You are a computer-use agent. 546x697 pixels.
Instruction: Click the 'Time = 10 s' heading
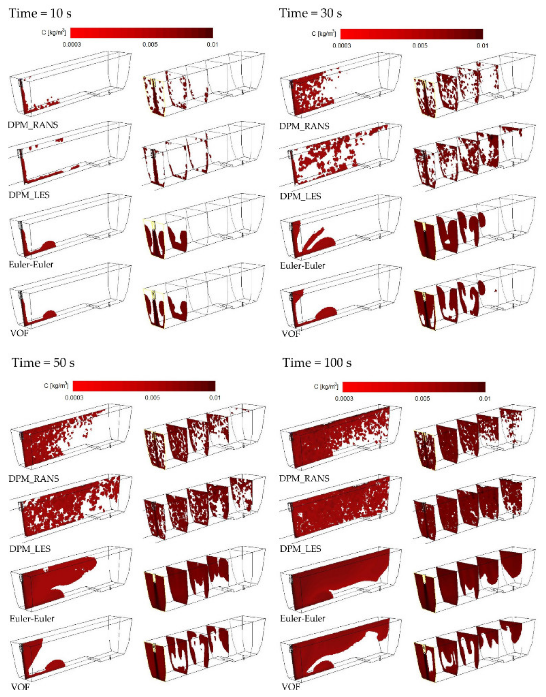pyautogui.click(x=40, y=13)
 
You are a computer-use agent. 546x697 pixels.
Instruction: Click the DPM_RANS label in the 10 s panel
pyautogui.click(x=33, y=125)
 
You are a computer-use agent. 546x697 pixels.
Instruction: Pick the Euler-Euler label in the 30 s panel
pyautogui.click(x=302, y=266)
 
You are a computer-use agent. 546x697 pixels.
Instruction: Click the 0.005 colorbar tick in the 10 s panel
pyautogui.click(x=150, y=44)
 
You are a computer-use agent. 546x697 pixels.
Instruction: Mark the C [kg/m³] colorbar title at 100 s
pyautogui.click(x=326, y=386)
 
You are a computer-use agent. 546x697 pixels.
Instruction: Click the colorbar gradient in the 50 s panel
pyautogui.click(x=144, y=386)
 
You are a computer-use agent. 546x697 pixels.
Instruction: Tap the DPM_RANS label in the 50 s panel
pyautogui.click(x=34, y=478)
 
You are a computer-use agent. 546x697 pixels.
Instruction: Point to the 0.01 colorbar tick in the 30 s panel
pyautogui.click(x=482, y=45)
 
